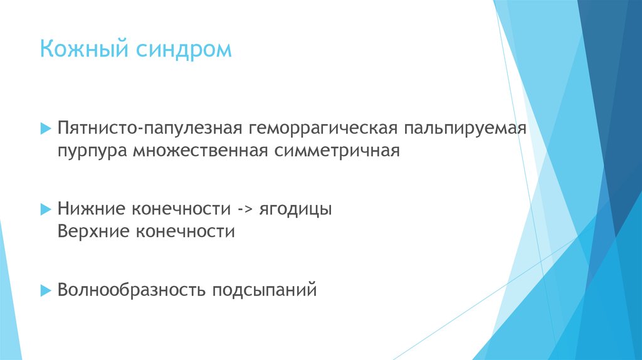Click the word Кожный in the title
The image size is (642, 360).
84,49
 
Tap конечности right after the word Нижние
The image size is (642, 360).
178,208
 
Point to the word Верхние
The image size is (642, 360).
93,231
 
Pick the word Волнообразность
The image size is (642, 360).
131,290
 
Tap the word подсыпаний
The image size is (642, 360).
264,290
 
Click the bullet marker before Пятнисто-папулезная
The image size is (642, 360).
45,129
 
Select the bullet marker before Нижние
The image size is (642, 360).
45,208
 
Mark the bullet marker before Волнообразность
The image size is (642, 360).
45,290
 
